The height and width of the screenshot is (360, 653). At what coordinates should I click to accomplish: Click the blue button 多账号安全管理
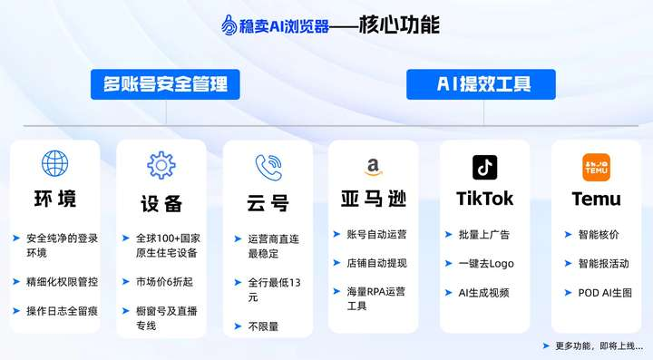[165, 84]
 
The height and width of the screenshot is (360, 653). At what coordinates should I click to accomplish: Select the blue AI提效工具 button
[481, 84]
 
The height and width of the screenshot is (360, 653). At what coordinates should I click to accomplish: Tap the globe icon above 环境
[54, 163]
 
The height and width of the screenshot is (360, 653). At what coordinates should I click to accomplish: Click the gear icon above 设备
[161, 165]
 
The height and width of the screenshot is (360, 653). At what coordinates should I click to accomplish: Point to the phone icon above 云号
[268, 168]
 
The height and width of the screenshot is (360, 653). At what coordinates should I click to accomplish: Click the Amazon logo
[373, 168]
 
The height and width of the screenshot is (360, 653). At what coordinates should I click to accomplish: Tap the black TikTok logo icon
[484, 168]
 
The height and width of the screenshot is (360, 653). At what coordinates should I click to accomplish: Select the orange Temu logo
[597, 168]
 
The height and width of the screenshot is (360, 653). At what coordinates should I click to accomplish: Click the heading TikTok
[484, 199]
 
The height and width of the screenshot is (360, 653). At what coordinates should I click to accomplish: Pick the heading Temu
[597, 199]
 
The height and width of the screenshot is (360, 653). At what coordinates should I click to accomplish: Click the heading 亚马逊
[373, 199]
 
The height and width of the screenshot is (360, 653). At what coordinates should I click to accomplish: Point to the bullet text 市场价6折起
[164, 282]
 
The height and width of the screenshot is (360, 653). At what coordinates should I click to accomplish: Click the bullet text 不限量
[263, 326]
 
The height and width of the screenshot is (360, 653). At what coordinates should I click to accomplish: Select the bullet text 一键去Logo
[486, 264]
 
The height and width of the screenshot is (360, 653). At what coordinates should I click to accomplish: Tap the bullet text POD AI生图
[605, 293]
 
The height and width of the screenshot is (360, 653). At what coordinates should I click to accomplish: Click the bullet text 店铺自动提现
[376, 263]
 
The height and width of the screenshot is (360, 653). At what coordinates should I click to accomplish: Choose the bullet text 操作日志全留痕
[62, 311]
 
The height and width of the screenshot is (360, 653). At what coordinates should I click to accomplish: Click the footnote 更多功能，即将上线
[599, 345]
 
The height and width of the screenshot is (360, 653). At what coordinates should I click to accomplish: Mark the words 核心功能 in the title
[399, 24]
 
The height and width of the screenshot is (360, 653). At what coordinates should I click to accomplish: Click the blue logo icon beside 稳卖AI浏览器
[229, 25]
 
